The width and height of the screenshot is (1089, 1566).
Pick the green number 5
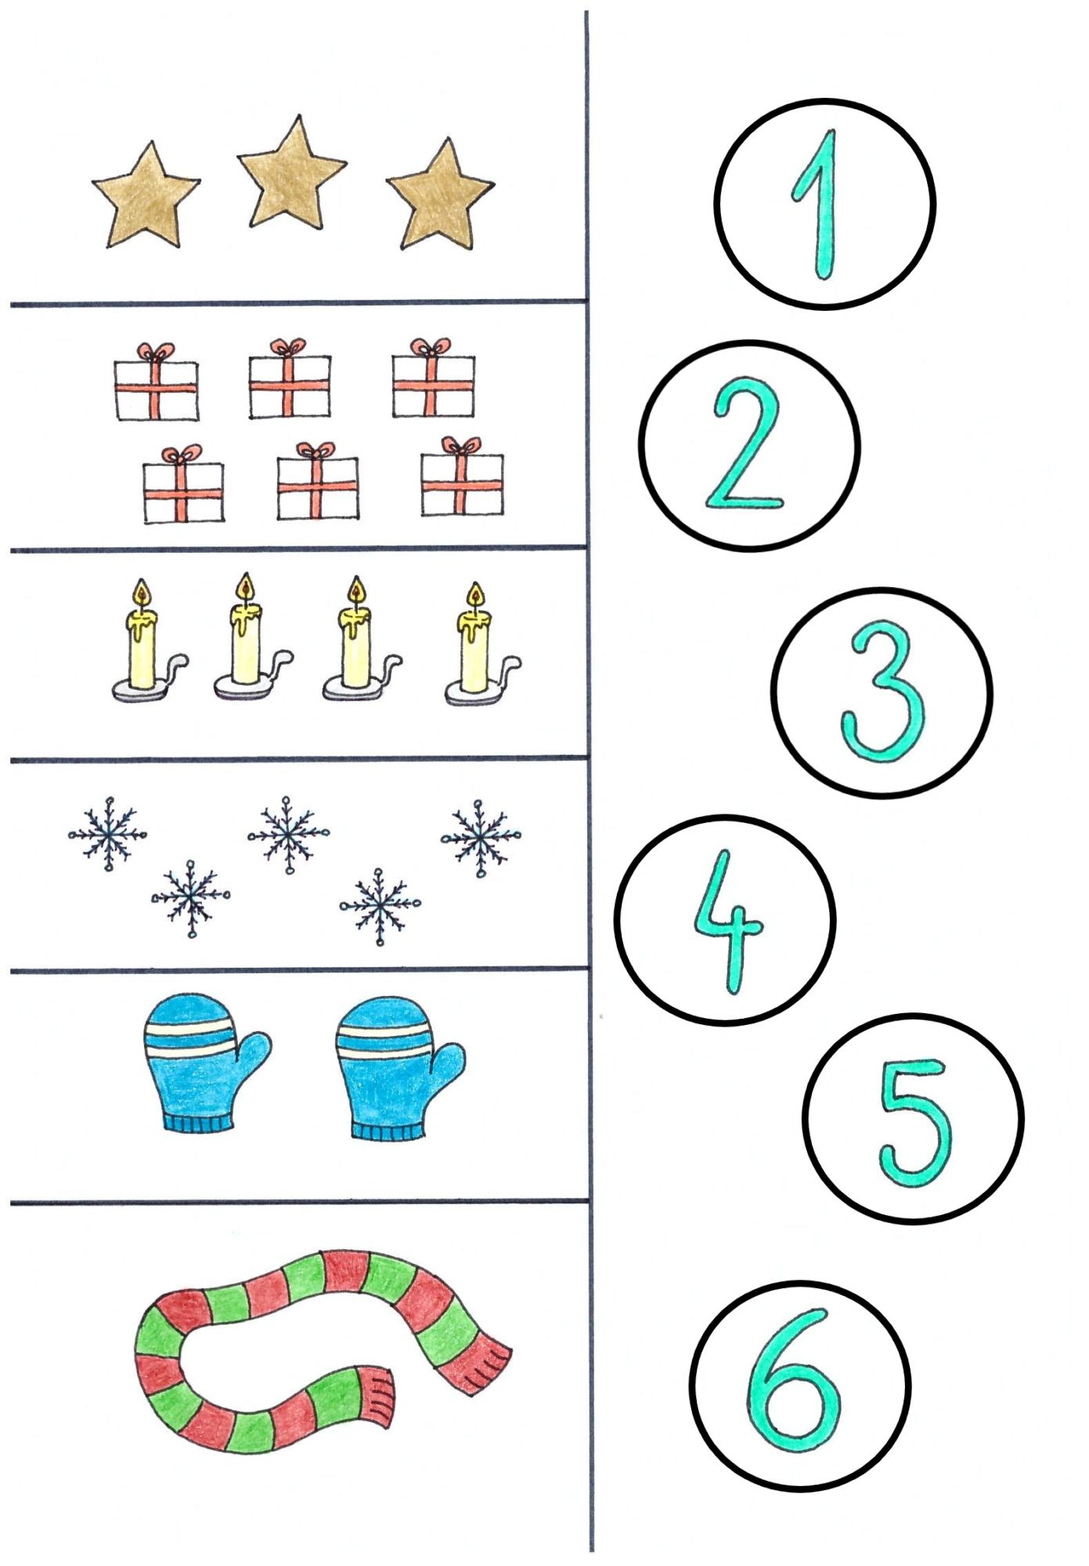(x=913, y=1121)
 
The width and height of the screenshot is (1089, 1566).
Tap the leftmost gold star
(x=146, y=196)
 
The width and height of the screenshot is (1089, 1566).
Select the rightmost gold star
(x=440, y=196)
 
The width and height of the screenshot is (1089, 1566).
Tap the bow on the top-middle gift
(x=289, y=348)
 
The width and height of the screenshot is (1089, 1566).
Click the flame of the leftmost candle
(x=141, y=593)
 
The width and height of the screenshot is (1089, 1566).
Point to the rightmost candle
(x=479, y=644)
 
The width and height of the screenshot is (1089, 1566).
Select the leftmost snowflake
(x=108, y=834)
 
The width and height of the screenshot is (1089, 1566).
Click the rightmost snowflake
(x=480, y=838)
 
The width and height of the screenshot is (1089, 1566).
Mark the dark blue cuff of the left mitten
(x=199, y=1124)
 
